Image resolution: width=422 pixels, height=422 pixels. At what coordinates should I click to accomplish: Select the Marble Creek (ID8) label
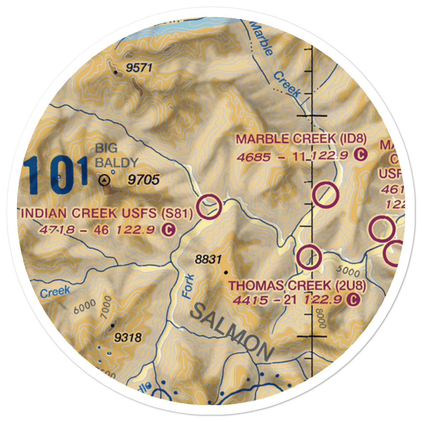pos(301,139)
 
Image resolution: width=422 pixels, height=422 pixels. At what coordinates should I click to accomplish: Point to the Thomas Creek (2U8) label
pos(298,286)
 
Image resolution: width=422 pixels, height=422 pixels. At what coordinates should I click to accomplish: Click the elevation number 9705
pos(144,181)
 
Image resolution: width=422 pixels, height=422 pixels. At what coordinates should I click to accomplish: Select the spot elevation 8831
pos(208,260)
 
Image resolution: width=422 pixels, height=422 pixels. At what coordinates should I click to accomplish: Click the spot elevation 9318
pos(128,338)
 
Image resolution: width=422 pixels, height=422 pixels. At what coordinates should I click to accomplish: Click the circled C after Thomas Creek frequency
pos(353,300)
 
